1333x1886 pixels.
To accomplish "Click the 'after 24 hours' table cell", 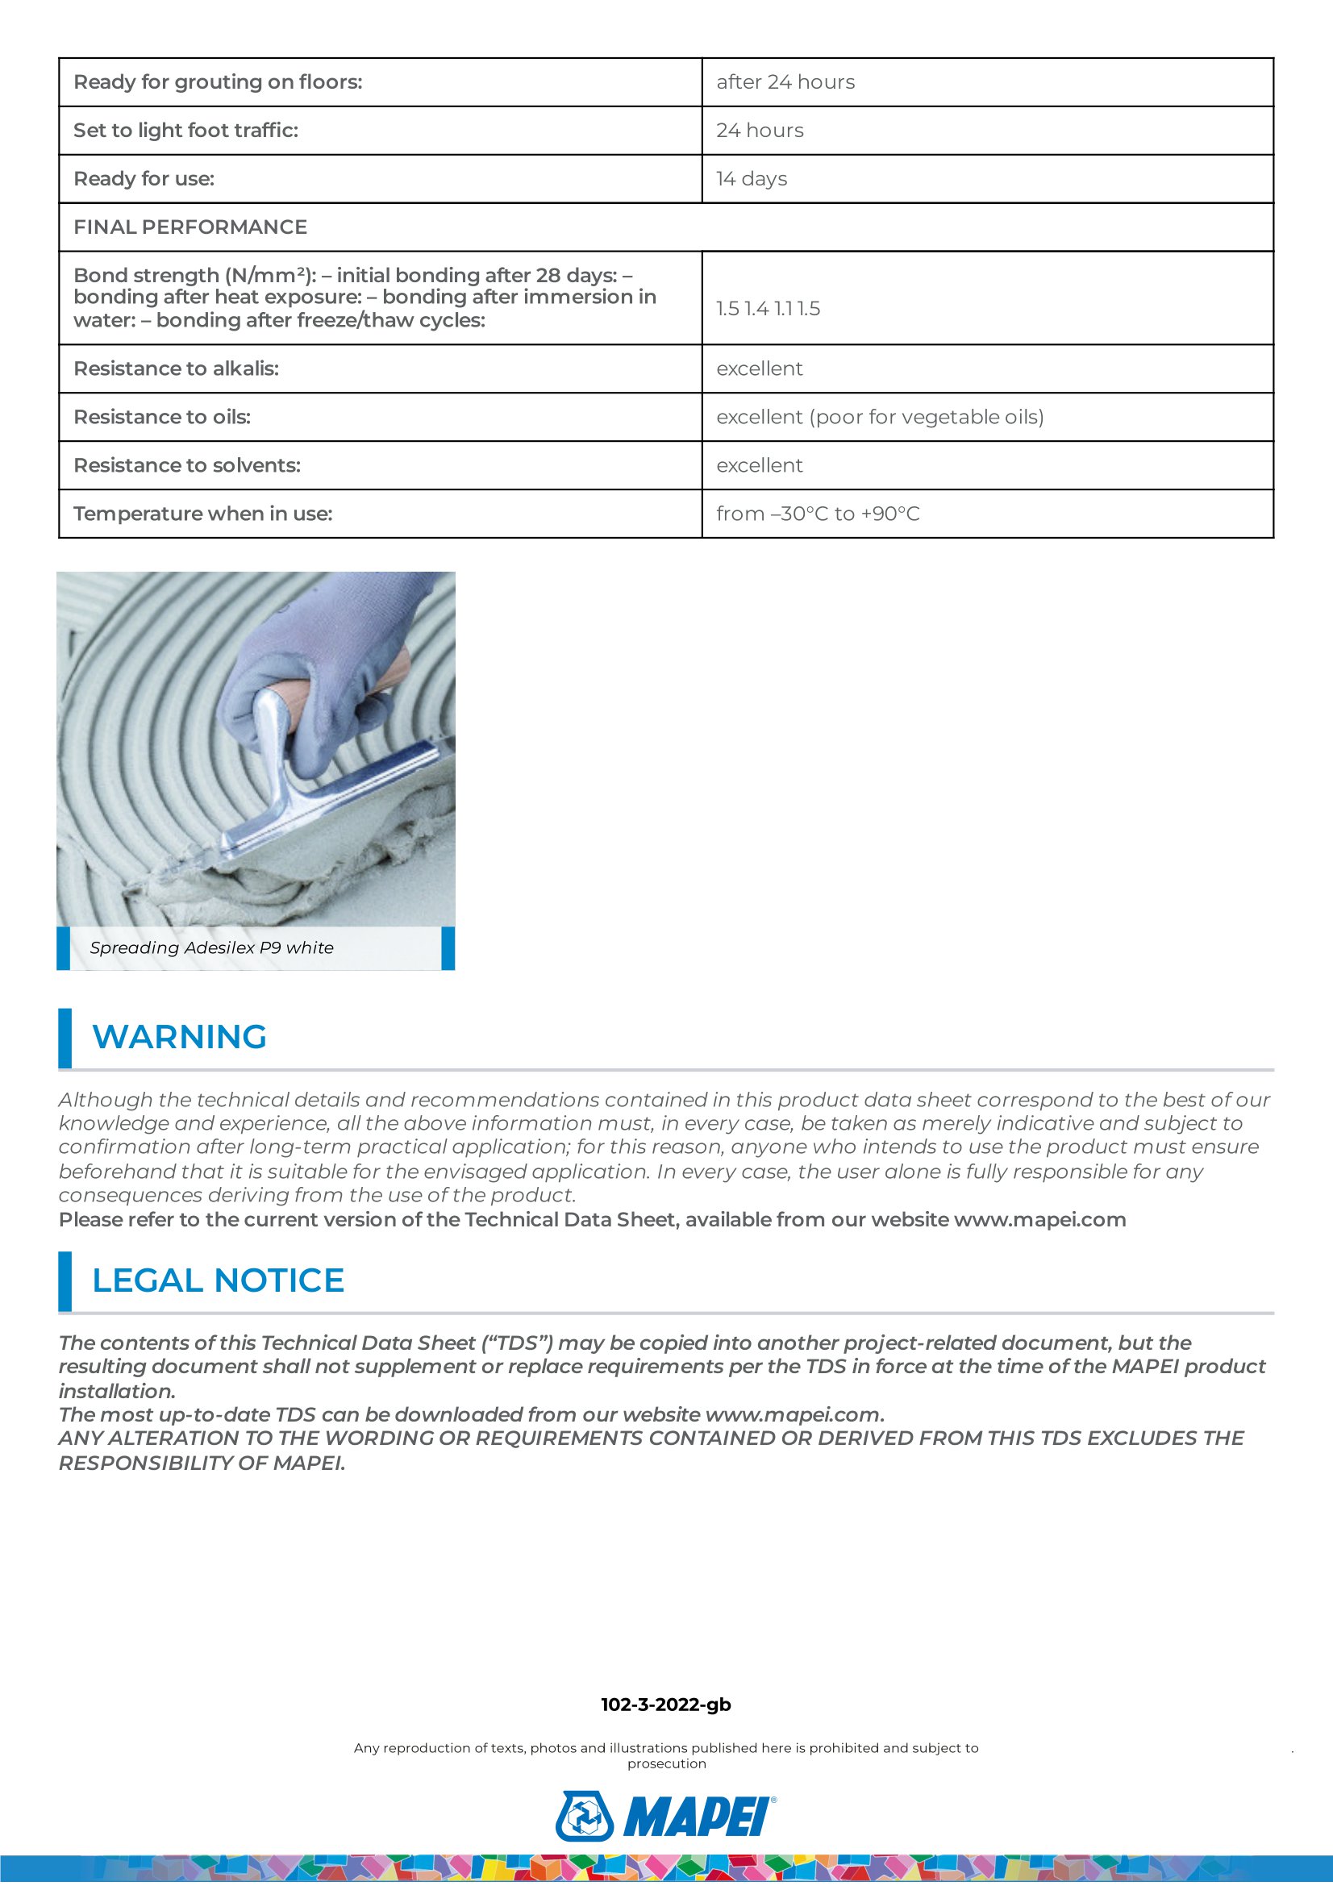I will click(x=785, y=82).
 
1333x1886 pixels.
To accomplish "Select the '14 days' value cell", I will click(x=752, y=179).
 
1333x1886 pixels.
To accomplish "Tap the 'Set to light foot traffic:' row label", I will click(x=185, y=131).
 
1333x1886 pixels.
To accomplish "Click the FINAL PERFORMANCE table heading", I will click(x=190, y=227).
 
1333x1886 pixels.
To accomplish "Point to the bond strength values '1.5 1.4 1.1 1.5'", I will click(x=768, y=309).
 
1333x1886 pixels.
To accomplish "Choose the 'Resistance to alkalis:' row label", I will click(x=177, y=368).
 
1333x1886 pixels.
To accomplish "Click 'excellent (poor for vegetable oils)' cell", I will click(x=880, y=418).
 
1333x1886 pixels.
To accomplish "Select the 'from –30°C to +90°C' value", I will click(x=818, y=514).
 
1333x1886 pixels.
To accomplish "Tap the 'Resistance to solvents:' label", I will click(x=187, y=466).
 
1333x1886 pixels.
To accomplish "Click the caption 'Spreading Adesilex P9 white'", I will click(x=212, y=948).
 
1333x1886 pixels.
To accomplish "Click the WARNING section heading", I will click(x=179, y=1037).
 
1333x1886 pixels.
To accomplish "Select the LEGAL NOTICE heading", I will click(x=218, y=1280).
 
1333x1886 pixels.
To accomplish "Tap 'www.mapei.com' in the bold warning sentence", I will click(x=1039, y=1220).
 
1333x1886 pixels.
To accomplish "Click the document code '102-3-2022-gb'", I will click(x=666, y=1705).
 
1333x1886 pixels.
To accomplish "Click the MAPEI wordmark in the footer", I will click(x=698, y=1817).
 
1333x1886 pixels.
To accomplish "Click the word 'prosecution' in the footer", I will click(x=667, y=1763).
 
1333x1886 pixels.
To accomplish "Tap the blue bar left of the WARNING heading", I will click(x=65, y=1039).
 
